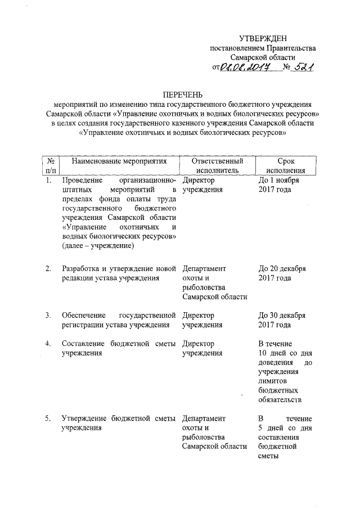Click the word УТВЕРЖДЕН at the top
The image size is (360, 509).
click(263, 38)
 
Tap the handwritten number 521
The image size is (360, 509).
click(301, 67)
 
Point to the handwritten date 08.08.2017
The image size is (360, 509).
click(245, 67)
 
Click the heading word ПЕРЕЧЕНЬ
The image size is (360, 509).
click(181, 94)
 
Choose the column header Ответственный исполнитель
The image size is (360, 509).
click(217, 166)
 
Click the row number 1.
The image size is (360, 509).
click(49, 180)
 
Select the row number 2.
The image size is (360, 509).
click(49, 268)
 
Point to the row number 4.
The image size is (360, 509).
click(49, 343)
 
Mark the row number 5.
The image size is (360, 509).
click(49, 418)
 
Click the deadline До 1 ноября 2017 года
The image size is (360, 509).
click(282, 185)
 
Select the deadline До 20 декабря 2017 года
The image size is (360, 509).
click(282, 273)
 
